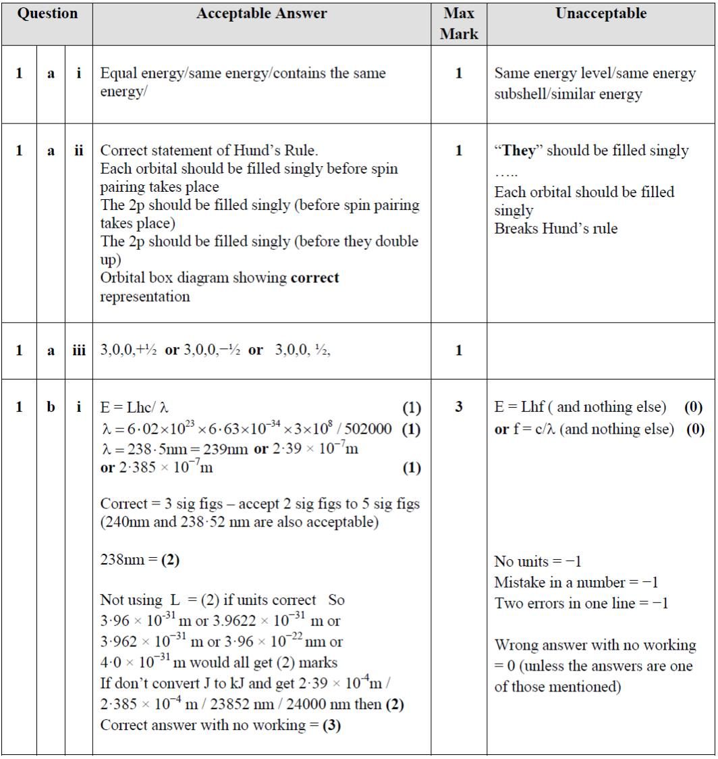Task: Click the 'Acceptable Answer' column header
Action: (x=261, y=14)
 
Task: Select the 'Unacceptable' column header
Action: (x=601, y=14)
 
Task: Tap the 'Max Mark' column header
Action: (x=459, y=24)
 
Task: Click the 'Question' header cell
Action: (x=47, y=14)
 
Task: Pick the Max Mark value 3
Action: (x=459, y=409)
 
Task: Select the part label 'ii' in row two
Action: (x=78, y=151)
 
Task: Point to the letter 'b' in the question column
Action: (x=51, y=409)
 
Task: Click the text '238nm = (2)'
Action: (x=140, y=561)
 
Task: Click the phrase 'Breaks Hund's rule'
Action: (x=555, y=229)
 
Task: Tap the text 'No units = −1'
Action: (x=538, y=562)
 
